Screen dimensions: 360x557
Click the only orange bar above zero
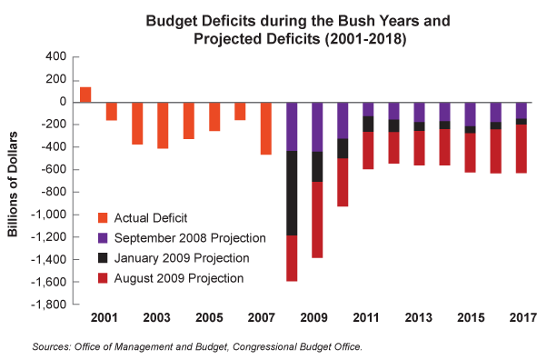pyautogui.click(x=85, y=95)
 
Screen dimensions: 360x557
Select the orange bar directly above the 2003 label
pyautogui.click(x=163, y=125)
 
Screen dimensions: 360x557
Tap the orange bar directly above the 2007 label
pyautogui.click(x=266, y=128)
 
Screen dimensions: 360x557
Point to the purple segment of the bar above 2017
pyautogui.click(x=522, y=110)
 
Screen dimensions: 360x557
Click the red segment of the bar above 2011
pyautogui.click(x=369, y=150)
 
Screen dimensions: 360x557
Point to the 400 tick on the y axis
pyautogui.click(x=55, y=57)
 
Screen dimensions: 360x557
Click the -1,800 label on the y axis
pyautogui.click(x=48, y=305)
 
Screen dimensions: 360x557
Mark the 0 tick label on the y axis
pyautogui.click(x=61, y=102)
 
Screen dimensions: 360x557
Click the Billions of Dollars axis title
pyautogui.click(x=15, y=181)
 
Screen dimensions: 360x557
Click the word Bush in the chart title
pyautogui.click(x=295, y=19)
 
